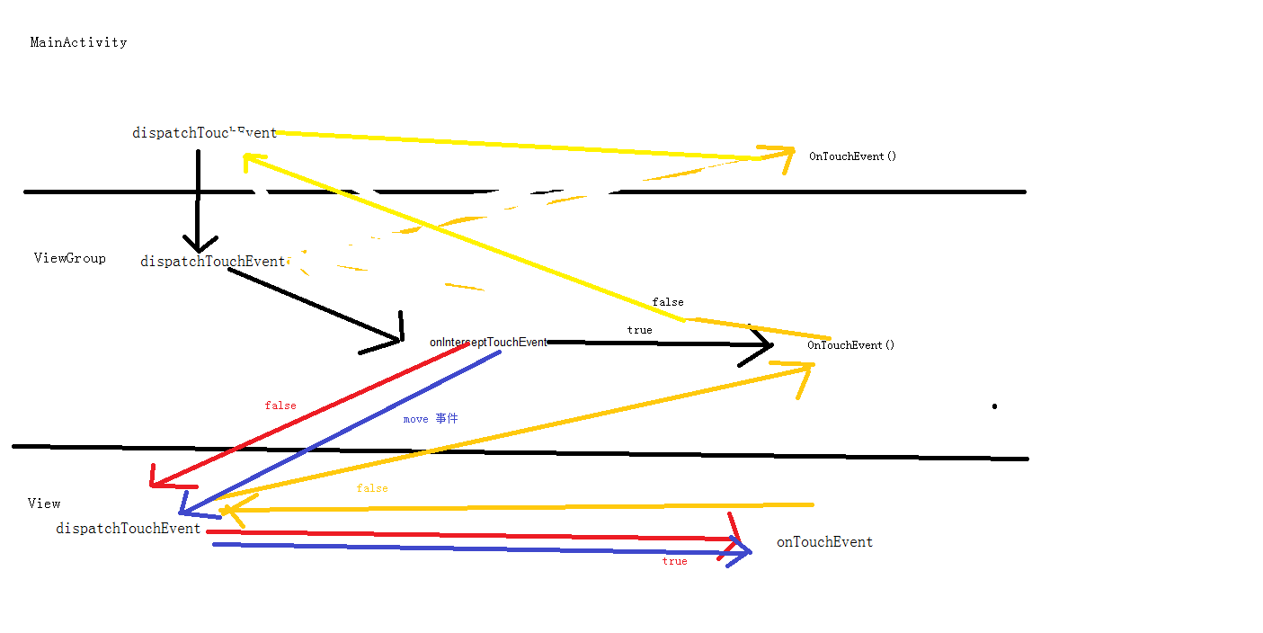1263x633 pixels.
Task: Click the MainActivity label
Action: pyautogui.click(x=78, y=42)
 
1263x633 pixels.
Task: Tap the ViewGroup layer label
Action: pyautogui.click(x=70, y=258)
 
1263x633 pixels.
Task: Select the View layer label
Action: pyautogui.click(x=44, y=504)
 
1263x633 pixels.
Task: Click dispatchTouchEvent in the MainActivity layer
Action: pyautogui.click(x=204, y=133)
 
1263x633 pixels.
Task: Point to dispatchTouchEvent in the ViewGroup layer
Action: pyautogui.click(x=213, y=262)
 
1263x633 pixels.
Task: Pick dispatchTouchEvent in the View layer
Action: pyautogui.click(x=128, y=529)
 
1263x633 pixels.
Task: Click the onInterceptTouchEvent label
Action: pyautogui.click(x=488, y=343)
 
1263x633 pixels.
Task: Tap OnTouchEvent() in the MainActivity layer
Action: pyautogui.click(x=852, y=156)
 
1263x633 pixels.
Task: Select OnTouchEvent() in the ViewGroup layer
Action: pyautogui.click(x=850, y=345)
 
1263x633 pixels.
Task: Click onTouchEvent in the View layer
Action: pyautogui.click(x=824, y=542)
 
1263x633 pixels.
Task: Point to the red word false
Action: pyautogui.click(x=280, y=406)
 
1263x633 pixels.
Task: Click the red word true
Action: pyautogui.click(x=674, y=561)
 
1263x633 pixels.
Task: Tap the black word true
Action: pyautogui.click(x=639, y=330)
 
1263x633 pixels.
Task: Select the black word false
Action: pyautogui.click(x=667, y=302)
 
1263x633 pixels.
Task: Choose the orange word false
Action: pyautogui.click(x=372, y=488)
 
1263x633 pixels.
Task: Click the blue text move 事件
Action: pyautogui.click(x=431, y=419)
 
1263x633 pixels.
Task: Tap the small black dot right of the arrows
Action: pyautogui.click(x=994, y=406)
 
